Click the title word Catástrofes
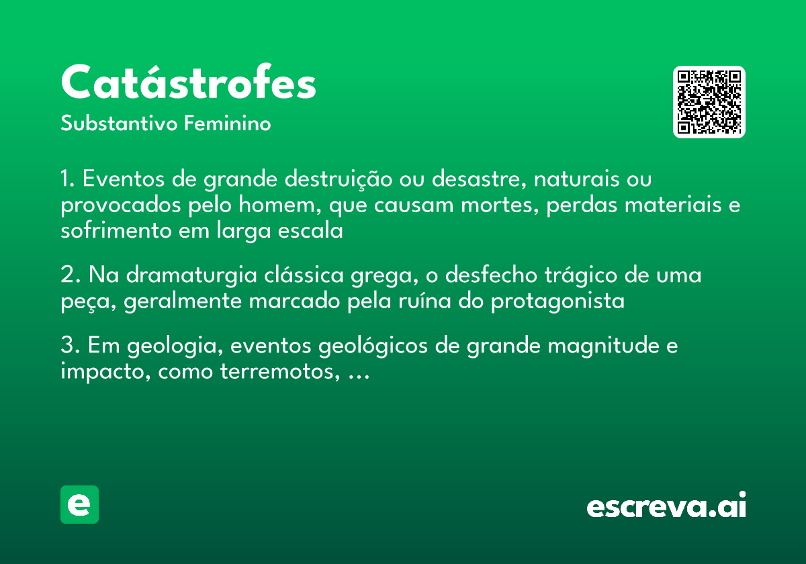(188, 83)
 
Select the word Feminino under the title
(228, 124)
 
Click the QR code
(709, 102)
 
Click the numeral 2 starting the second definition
(66, 276)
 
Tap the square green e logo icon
(79, 504)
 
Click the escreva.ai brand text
(666, 506)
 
